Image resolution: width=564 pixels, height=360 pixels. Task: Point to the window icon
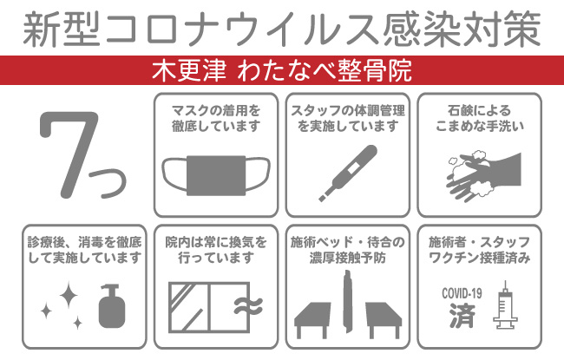click(196, 306)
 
